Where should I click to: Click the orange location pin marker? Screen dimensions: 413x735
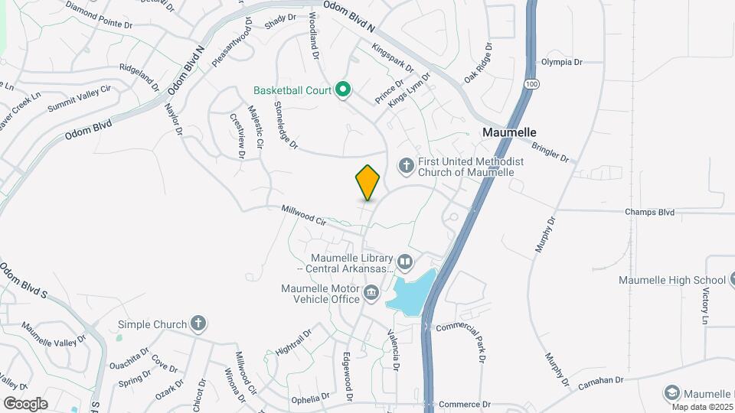[x=367, y=182]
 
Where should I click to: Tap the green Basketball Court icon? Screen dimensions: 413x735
[x=344, y=91]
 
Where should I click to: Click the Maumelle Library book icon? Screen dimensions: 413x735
[x=404, y=262]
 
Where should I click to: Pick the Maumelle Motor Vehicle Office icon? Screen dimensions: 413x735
[x=371, y=292]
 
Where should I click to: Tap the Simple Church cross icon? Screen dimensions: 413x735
[x=198, y=324]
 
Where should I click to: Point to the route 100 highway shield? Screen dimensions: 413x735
[x=530, y=82]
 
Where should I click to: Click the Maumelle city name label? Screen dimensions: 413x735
[x=508, y=132]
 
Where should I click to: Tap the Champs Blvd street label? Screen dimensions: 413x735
[x=649, y=212]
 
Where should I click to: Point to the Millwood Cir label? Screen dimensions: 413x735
[x=303, y=214]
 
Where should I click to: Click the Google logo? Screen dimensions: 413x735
[x=25, y=403]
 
